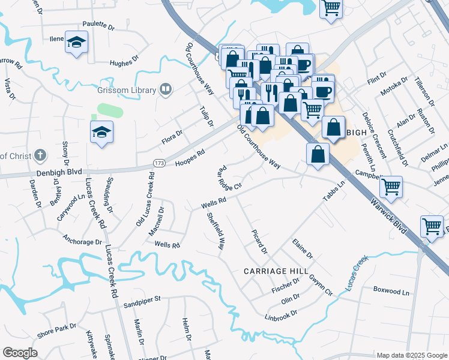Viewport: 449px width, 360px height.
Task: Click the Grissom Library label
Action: (126, 91)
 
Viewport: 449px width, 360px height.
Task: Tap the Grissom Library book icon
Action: (166, 91)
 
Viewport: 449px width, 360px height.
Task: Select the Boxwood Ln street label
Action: (391, 292)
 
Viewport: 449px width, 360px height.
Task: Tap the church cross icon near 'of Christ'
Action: (40, 156)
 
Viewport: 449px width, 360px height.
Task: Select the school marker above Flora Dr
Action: (101, 131)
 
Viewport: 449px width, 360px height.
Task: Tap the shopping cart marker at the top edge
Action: (330, 8)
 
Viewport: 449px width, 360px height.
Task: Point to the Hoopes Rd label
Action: (190, 158)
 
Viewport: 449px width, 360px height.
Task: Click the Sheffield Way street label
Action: (216, 232)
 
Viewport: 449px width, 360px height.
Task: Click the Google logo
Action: (20, 353)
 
